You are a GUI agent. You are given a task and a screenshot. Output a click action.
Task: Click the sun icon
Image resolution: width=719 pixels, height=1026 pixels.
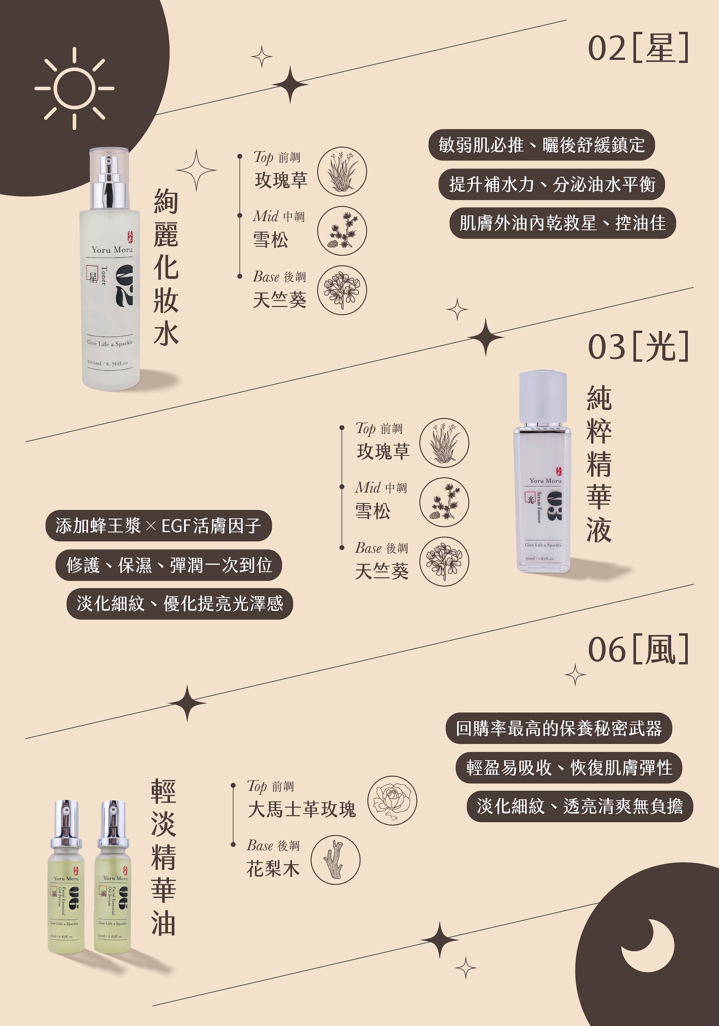(x=74, y=88)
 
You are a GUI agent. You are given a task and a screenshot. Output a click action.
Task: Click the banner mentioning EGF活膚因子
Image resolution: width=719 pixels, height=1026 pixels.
(x=159, y=526)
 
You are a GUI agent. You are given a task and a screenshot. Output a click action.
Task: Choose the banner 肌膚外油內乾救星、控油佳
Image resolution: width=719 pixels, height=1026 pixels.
(x=562, y=223)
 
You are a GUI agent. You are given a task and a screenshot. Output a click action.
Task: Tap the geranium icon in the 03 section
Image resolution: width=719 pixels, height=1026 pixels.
(x=444, y=561)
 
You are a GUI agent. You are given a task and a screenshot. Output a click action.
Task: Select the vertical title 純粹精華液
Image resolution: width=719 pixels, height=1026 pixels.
(x=599, y=464)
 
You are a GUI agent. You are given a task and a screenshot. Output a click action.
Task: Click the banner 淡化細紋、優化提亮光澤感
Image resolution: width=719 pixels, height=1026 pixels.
(x=180, y=604)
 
